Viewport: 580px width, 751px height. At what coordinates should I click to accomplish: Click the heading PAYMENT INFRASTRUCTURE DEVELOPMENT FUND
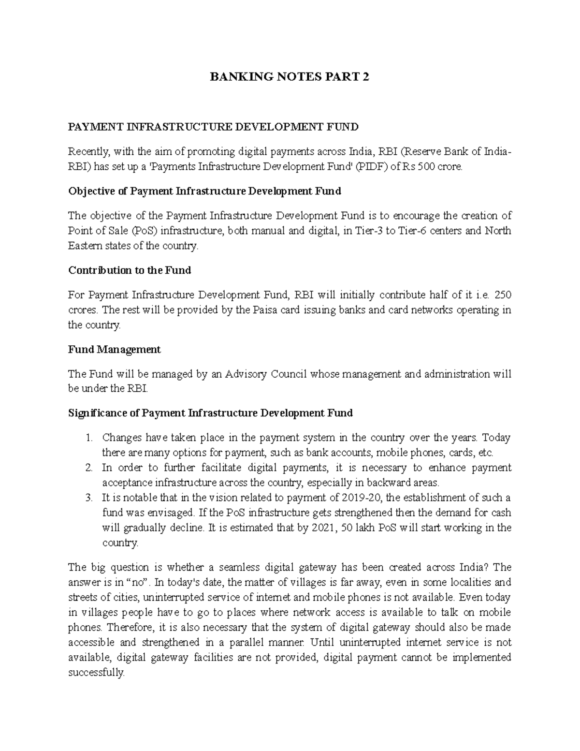[x=213, y=127]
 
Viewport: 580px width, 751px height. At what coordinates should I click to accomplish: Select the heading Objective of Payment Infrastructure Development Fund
[x=204, y=191]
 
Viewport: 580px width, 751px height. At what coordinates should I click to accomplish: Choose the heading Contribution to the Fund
[x=130, y=270]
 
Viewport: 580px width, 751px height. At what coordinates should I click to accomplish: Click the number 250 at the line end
[x=503, y=295]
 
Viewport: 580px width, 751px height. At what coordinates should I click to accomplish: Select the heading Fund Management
[x=115, y=350]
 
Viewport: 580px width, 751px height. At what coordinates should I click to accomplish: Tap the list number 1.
[x=88, y=438]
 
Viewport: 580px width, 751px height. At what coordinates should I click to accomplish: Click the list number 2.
[x=88, y=468]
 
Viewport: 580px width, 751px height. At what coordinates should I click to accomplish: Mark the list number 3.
[x=88, y=498]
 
